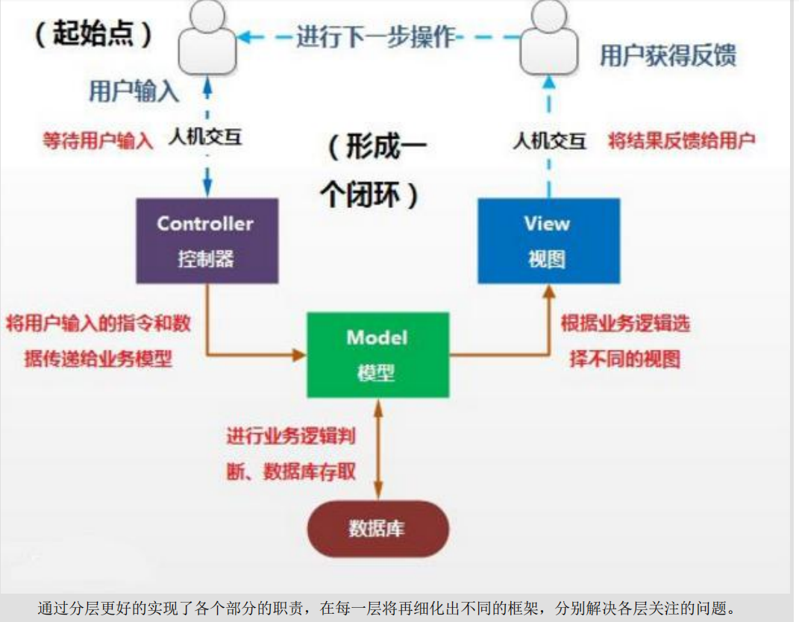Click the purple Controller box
[x=207, y=240]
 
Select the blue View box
[x=548, y=240]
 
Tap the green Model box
[x=377, y=354]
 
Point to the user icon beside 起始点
[x=207, y=39]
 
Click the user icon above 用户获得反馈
[x=548, y=39]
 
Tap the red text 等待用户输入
[x=98, y=140]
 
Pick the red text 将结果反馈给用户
[x=681, y=140]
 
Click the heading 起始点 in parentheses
[x=94, y=34]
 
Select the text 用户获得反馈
[x=668, y=56]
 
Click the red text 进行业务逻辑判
[x=291, y=436]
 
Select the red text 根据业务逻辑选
[x=625, y=323]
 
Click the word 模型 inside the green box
[x=377, y=372]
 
